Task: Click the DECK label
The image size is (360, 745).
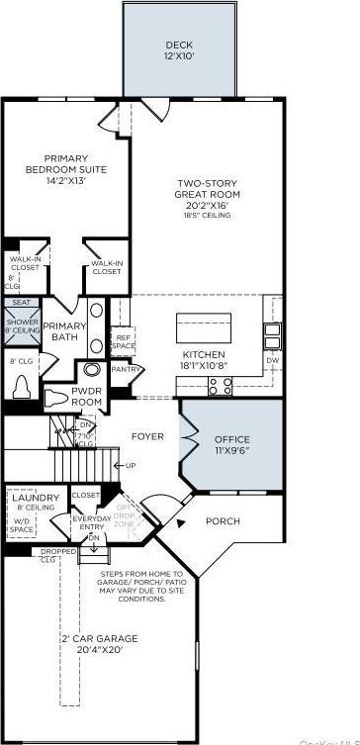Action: [x=180, y=46]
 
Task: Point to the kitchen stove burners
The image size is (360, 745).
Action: [x=220, y=386]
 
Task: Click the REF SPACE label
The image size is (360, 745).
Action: [x=123, y=341]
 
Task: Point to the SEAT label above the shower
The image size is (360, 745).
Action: [x=22, y=303]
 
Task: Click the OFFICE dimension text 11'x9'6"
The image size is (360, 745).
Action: [x=231, y=450]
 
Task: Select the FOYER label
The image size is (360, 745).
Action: [x=147, y=433]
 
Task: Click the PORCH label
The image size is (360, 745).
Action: [x=223, y=521]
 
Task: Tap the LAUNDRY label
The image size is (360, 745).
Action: [x=36, y=498]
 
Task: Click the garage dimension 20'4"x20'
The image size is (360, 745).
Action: [x=99, y=651]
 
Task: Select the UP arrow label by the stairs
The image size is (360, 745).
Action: [x=127, y=465]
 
